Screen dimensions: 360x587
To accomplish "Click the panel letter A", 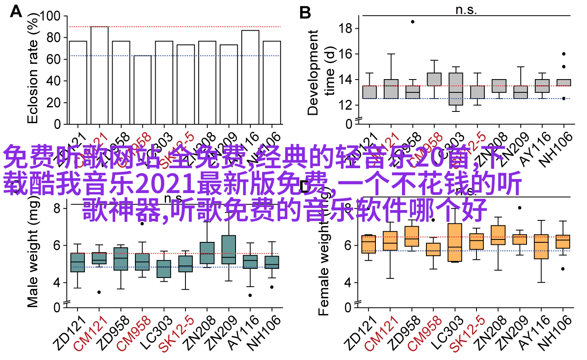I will click(16, 11).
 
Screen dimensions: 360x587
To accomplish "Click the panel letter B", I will click(305, 13).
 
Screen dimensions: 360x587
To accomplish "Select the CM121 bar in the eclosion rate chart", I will click(99, 75).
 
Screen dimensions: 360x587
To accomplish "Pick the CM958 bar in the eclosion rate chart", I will click(142, 89).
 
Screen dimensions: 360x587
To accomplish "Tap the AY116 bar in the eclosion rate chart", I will click(250, 77).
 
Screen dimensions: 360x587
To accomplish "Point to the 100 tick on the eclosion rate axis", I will click(50, 16).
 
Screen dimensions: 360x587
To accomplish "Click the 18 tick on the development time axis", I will click(345, 29).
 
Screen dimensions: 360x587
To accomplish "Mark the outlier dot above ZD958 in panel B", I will click(413, 22).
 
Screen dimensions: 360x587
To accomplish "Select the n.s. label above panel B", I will click(466, 10).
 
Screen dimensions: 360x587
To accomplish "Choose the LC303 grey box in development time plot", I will click(456, 89).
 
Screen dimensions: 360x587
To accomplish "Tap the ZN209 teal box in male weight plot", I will click(229, 249).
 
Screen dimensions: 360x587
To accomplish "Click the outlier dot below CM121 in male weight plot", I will click(99, 292).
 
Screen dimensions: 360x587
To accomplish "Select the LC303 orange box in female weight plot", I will click(455, 242).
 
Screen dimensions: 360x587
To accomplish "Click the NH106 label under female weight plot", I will click(555, 333).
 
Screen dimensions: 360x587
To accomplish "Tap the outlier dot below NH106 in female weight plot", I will click(563, 269).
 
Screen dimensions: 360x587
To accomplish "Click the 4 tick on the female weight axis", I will click(348, 283).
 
